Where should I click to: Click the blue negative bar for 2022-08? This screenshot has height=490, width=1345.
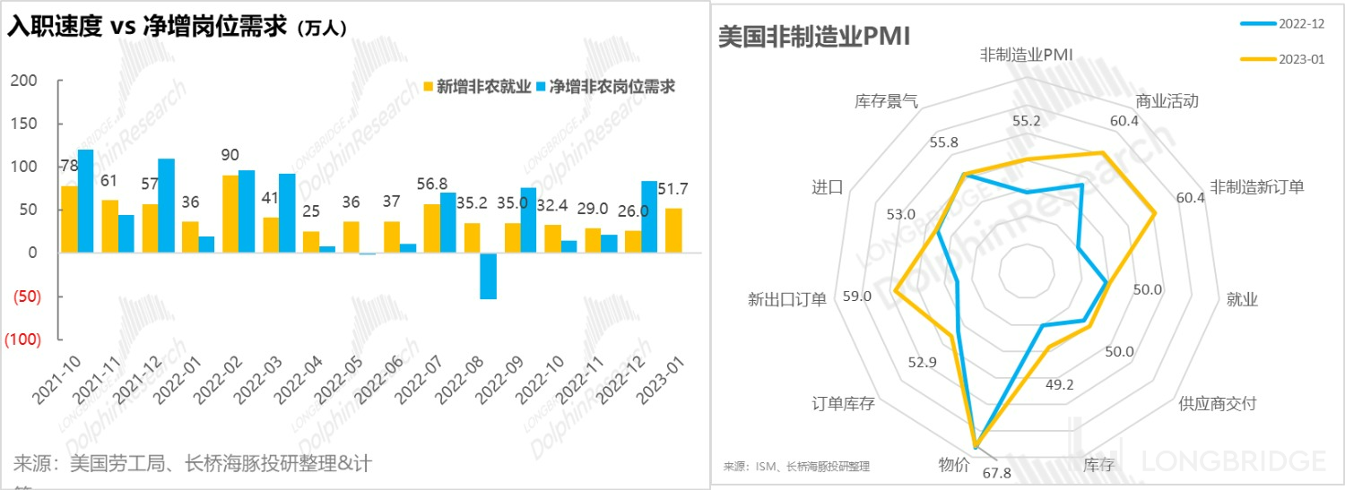click(488, 276)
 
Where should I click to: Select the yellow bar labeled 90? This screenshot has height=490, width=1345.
click(230, 214)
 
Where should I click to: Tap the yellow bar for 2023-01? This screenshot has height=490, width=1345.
click(673, 230)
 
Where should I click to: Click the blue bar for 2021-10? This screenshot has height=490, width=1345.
click(86, 202)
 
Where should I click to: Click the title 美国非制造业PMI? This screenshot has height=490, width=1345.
click(815, 37)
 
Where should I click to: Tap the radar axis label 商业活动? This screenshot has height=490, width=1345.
click(1167, 100)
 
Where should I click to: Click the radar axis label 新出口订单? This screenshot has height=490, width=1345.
click(787, 299)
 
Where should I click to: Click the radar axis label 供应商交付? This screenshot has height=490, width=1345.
click(1217, 404)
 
